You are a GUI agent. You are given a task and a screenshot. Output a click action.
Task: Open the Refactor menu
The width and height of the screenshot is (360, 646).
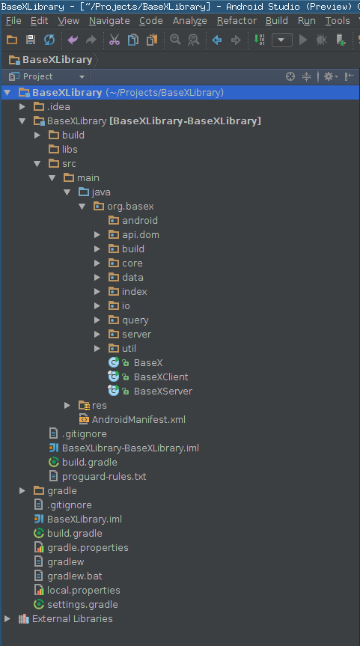pyautogui.click(x=237, y=21)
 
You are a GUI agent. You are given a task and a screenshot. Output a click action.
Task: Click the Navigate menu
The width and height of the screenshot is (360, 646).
pyautogui.click(x=109, y=21)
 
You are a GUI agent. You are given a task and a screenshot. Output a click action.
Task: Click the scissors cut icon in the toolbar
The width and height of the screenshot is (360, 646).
pyautogui.click(x=114, y=40)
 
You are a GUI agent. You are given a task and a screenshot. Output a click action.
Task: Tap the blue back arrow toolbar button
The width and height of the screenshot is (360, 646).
pyautogui.click(x=216, y=40)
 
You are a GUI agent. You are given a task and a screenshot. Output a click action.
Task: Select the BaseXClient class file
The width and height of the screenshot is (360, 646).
pyautogui.click(x=161, y=377)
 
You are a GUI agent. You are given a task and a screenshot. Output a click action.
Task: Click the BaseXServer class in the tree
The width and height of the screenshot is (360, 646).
pyautogui.click(x=162, y=391)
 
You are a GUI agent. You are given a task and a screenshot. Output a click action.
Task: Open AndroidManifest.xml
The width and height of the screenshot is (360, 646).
pyautogui.click(x=138, y=419)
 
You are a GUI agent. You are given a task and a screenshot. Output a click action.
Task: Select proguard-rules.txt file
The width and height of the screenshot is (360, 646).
pyautogui.click(x=104, y=477)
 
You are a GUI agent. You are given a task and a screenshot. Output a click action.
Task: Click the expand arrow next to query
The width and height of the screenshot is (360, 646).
pyautogui.click(x=97, y=320)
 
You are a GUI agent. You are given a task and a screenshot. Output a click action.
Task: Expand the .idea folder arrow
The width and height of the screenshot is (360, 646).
pyautogui.click(x=22, y=107)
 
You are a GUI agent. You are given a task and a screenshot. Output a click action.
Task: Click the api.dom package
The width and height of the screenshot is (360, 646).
pyautogui.click(x=141, y=235)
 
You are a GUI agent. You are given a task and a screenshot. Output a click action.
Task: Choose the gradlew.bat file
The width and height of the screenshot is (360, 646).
pyautogui.click(x=75, y=576)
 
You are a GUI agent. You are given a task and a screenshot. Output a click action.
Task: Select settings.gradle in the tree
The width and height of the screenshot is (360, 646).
pyautogui.click(x=82, y=605)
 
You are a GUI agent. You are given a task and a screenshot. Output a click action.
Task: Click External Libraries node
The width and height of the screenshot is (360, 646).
pyautogui.click(x=72, y=619)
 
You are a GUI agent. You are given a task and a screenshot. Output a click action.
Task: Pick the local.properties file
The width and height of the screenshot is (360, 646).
pyautogui.click(x=84, y=591)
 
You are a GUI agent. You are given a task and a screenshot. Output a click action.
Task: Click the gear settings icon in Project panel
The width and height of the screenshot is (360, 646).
pyautogui.click(x=329, y=76)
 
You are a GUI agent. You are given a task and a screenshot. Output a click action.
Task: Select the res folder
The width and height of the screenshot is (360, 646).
pyautogui.click(x=100, y=406)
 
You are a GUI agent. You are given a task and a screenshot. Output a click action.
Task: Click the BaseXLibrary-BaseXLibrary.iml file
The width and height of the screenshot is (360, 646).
pyautogui.click(x=130, y=448)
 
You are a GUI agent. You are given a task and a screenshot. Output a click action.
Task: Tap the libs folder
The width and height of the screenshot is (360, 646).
pyautogui.click(x=70, y=150)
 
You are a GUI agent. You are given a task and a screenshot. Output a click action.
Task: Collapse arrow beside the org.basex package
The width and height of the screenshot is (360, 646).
pyautogui.click(x=82, y=207)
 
